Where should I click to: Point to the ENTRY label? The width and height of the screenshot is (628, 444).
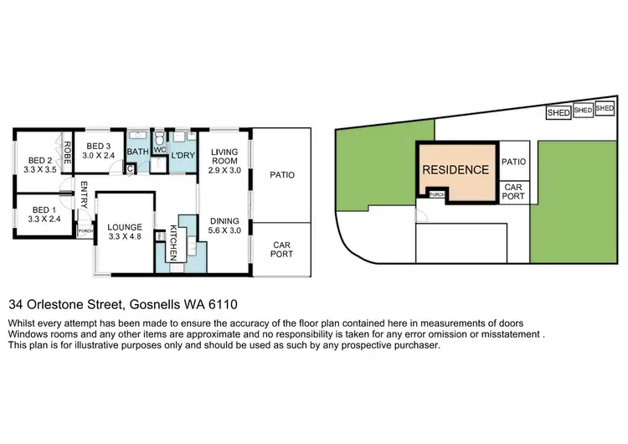point(85,198)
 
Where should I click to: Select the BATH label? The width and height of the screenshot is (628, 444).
point(136,152)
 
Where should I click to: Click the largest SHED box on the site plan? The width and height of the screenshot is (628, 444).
point(558,112)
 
